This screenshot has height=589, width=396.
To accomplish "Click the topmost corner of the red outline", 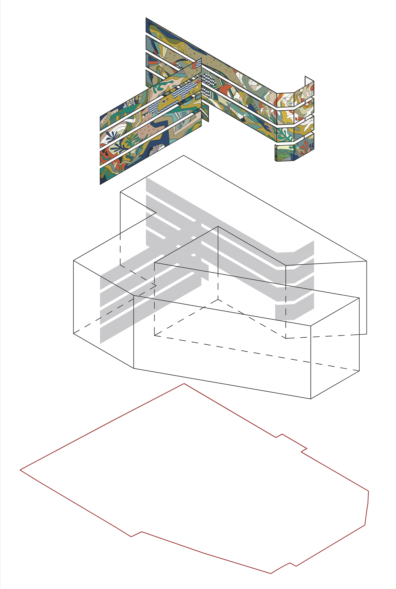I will pos(184,384).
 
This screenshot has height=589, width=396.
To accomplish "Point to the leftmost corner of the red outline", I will pos(20,470).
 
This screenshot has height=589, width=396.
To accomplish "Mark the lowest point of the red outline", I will pos(271,574).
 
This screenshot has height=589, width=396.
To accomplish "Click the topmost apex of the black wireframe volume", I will pos(184,155).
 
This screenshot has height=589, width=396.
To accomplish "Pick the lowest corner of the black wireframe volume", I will pos(311,399).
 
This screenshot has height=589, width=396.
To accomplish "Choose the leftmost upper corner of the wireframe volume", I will pos(73,260).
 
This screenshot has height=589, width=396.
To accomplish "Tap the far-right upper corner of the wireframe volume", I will pos(366,261).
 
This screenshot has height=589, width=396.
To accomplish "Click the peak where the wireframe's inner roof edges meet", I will pos(218,226).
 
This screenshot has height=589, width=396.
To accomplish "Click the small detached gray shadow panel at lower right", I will pos(285,312).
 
